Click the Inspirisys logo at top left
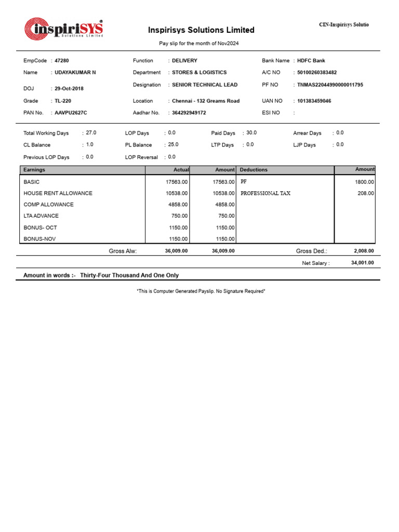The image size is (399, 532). pyautogui.click(x=64, y=30)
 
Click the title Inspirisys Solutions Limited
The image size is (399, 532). pyautogui.click(x=201, y=30)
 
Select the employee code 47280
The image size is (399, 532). pyautogui.click(x=61, y=61)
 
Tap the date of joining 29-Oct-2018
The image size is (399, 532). pyautogui.click(x=69, y=89)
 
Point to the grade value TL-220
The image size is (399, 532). pyautogui.click(x=63, y=101)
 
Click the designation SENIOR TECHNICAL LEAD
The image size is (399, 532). pyautogui.click(x=205, y=85)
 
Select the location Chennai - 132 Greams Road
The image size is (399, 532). pyautogui.click(x=206, y=101)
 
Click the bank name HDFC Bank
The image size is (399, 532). pyautogui.click(x=311, y=61)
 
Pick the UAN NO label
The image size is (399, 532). pyautogui.click(x=272, y=101)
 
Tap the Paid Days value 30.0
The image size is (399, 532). pyautogui.click(x=251, y=133)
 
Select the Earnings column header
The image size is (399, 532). pyautogui.click(x=34, y=170)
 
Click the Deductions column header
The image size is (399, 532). pyautogui.click(x=254, y=170)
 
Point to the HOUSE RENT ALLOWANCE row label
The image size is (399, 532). pyautogui.click(x=58, y=193)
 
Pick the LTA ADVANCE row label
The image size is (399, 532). pyautogui.click(x=41, y=216)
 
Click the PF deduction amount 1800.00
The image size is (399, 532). pyautogui.click(x=364, y=182)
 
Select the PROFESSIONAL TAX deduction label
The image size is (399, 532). pyautogui.click(x=265, y=193)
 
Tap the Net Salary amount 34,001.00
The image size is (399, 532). pyautogui.click(x=362, y=263)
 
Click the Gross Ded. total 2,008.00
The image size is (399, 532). pyautogui.click(x=364, y=251)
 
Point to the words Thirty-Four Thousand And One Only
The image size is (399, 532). pyautogui.click(x=129, y=275)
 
